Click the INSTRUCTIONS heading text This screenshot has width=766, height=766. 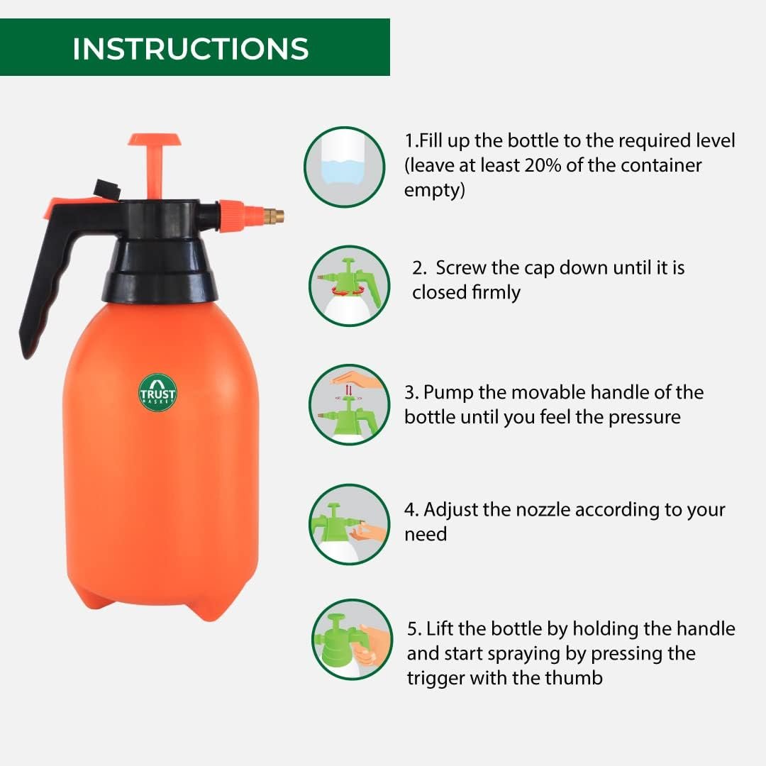coord(190,49)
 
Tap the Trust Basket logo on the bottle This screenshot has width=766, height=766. coord(157,392)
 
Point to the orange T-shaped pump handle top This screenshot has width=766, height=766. coord(154,140)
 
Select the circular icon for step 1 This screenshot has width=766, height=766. coord(345,167)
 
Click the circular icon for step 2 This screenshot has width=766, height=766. coord(349,286)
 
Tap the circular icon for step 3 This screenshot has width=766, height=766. coord(349,405)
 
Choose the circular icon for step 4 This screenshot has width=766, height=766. coord(349,524)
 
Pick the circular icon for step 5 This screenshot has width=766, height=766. coord(352,640)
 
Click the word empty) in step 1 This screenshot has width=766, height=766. coord(434,191)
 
